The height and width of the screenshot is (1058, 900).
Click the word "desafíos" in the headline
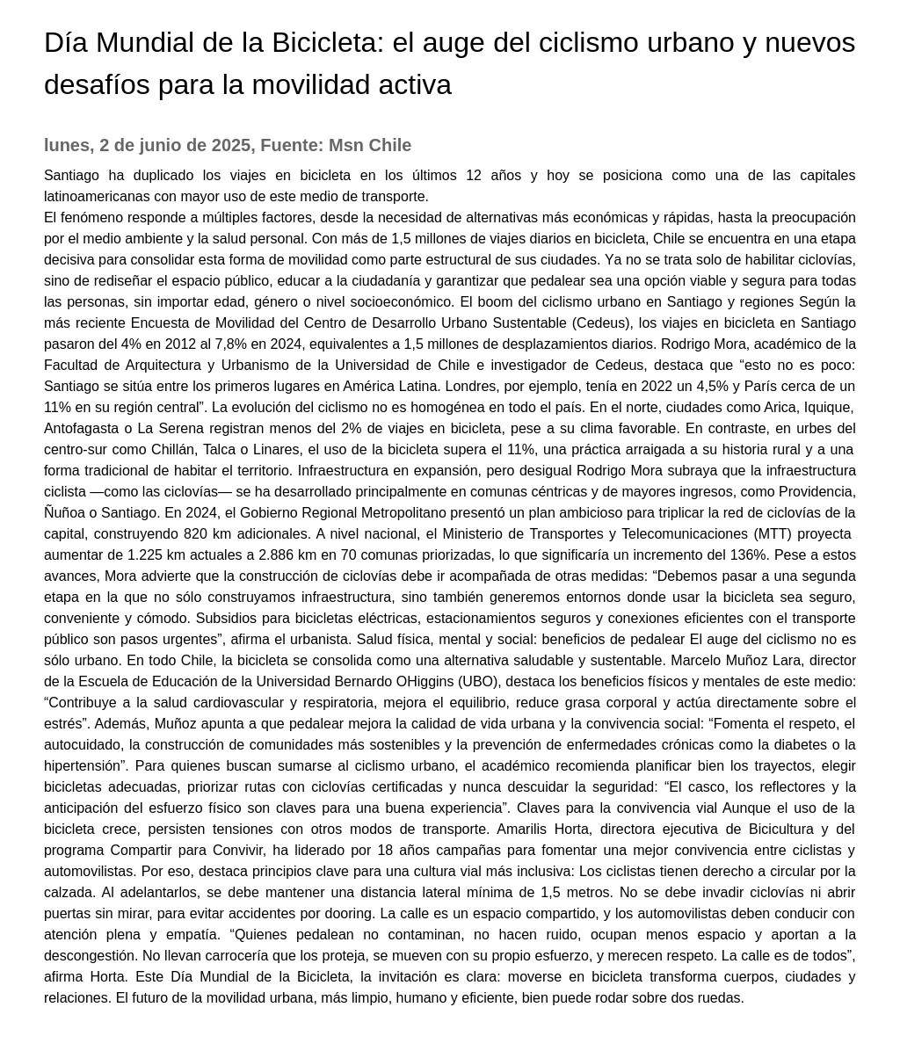click(97, 85)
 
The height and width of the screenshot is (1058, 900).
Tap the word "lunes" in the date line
click(67, 145)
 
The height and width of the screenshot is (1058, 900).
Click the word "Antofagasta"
click(82, 429)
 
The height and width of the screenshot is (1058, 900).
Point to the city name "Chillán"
click(174, 450)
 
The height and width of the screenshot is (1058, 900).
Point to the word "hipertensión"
click(83, 766)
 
